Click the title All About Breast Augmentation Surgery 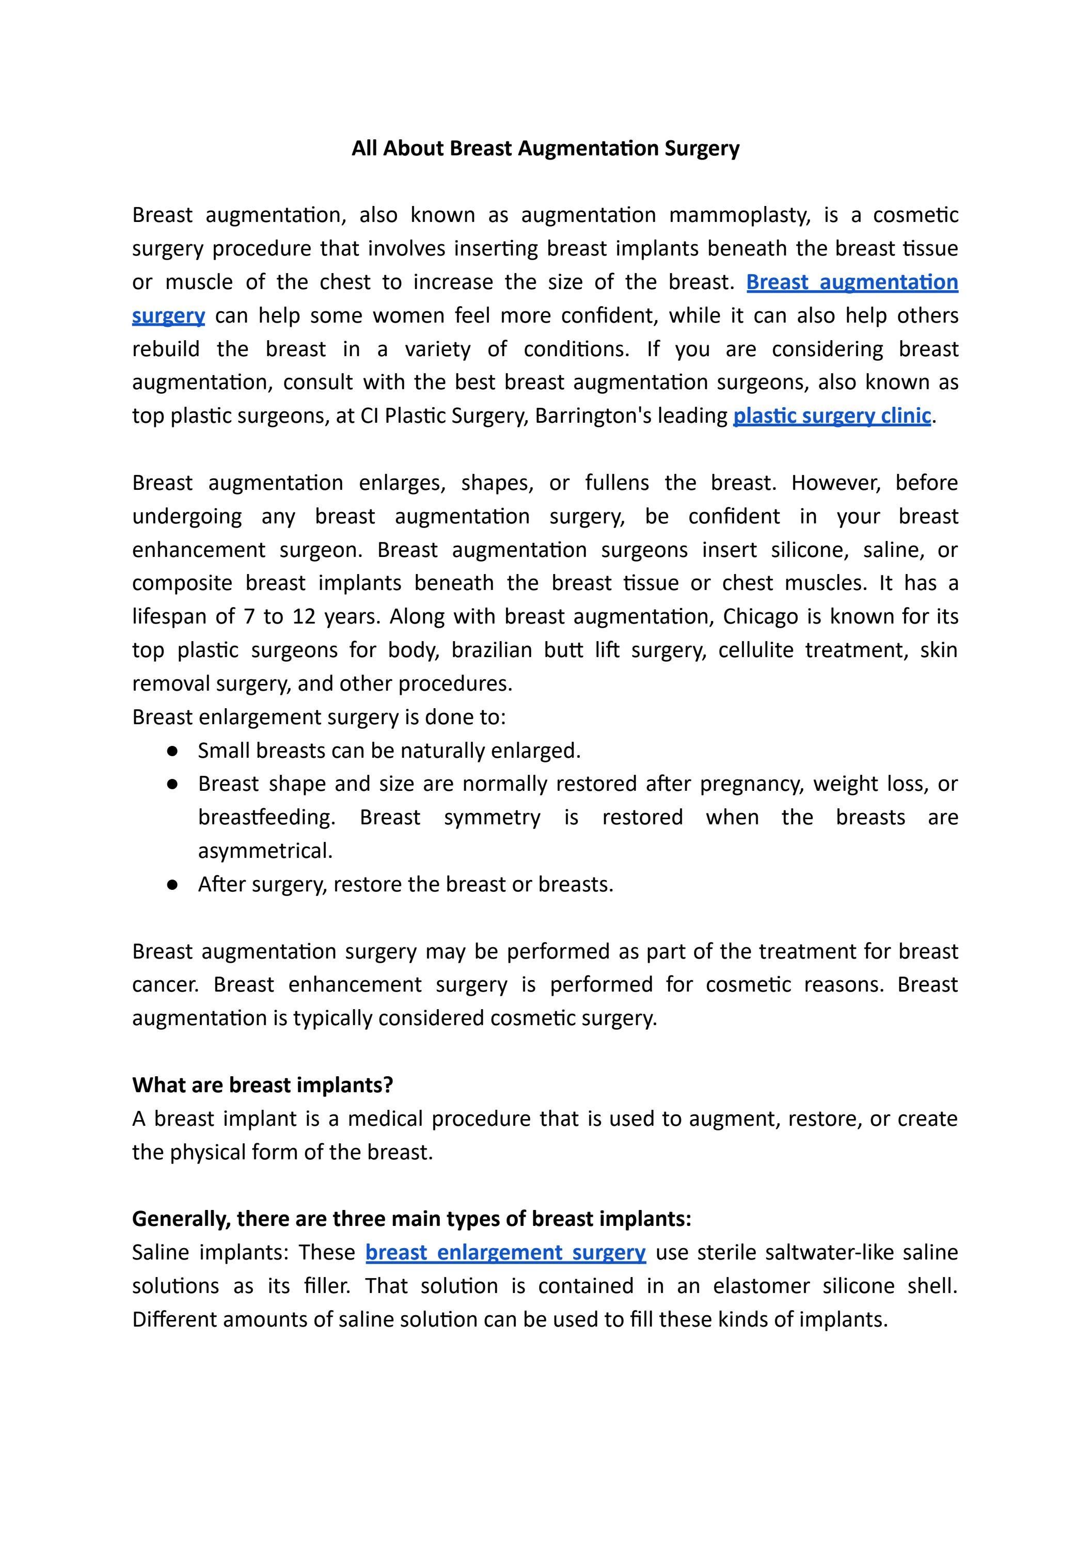545,148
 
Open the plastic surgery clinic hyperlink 832,416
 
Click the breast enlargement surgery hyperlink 505,1253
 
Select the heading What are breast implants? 263,1086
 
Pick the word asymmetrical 265,851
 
